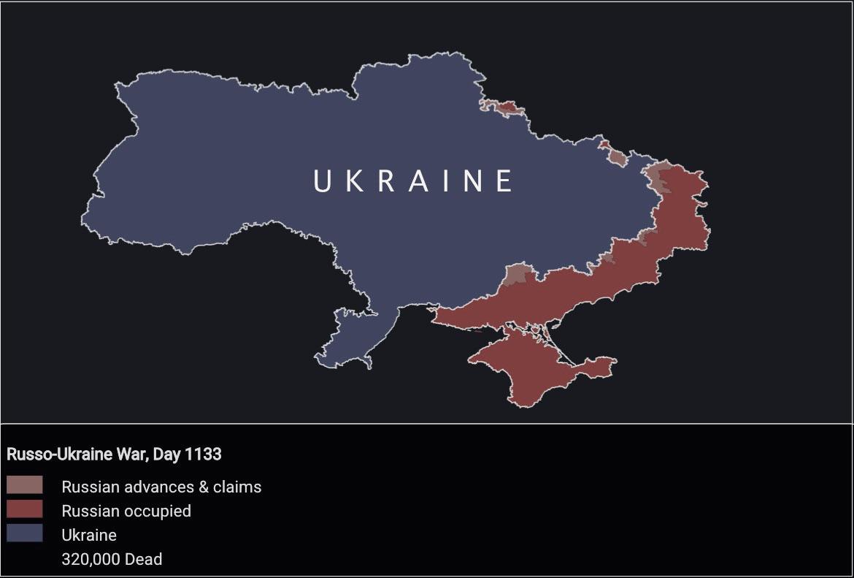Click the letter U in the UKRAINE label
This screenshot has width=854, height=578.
coord(323,180)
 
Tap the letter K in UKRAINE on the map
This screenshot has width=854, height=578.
coord(355,180)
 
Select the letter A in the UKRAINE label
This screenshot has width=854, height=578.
coord(418,180)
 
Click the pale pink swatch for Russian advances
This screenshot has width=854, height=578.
coord(24,485)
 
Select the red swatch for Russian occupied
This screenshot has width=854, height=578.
coord(24,509)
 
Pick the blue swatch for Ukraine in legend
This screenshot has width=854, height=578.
coord(24,533)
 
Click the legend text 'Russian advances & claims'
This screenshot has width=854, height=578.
coord(161,487)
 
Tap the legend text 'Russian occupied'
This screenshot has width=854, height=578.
coord(126,511)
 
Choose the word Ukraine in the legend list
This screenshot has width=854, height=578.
coord(89,535)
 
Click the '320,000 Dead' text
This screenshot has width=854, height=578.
coord(112,559)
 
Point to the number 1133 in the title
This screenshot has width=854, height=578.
coord(204,454)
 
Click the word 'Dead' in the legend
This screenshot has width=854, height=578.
coord(144,559)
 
